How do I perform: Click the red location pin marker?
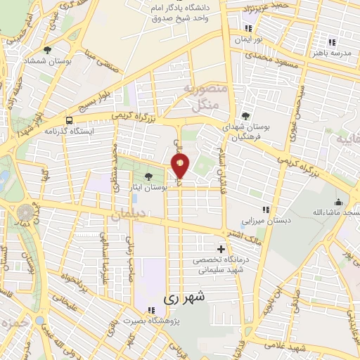coord(180,166)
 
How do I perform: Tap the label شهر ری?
coord(187,298)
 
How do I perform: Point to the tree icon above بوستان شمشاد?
coord(47,50)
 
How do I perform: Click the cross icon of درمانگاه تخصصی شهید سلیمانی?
coord(221,249)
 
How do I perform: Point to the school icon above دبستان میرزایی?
coord(266,209)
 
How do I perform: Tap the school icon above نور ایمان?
coord(247,28)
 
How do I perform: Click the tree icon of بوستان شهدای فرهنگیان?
coord(245,117)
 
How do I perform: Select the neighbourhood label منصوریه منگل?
coord(205,96)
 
